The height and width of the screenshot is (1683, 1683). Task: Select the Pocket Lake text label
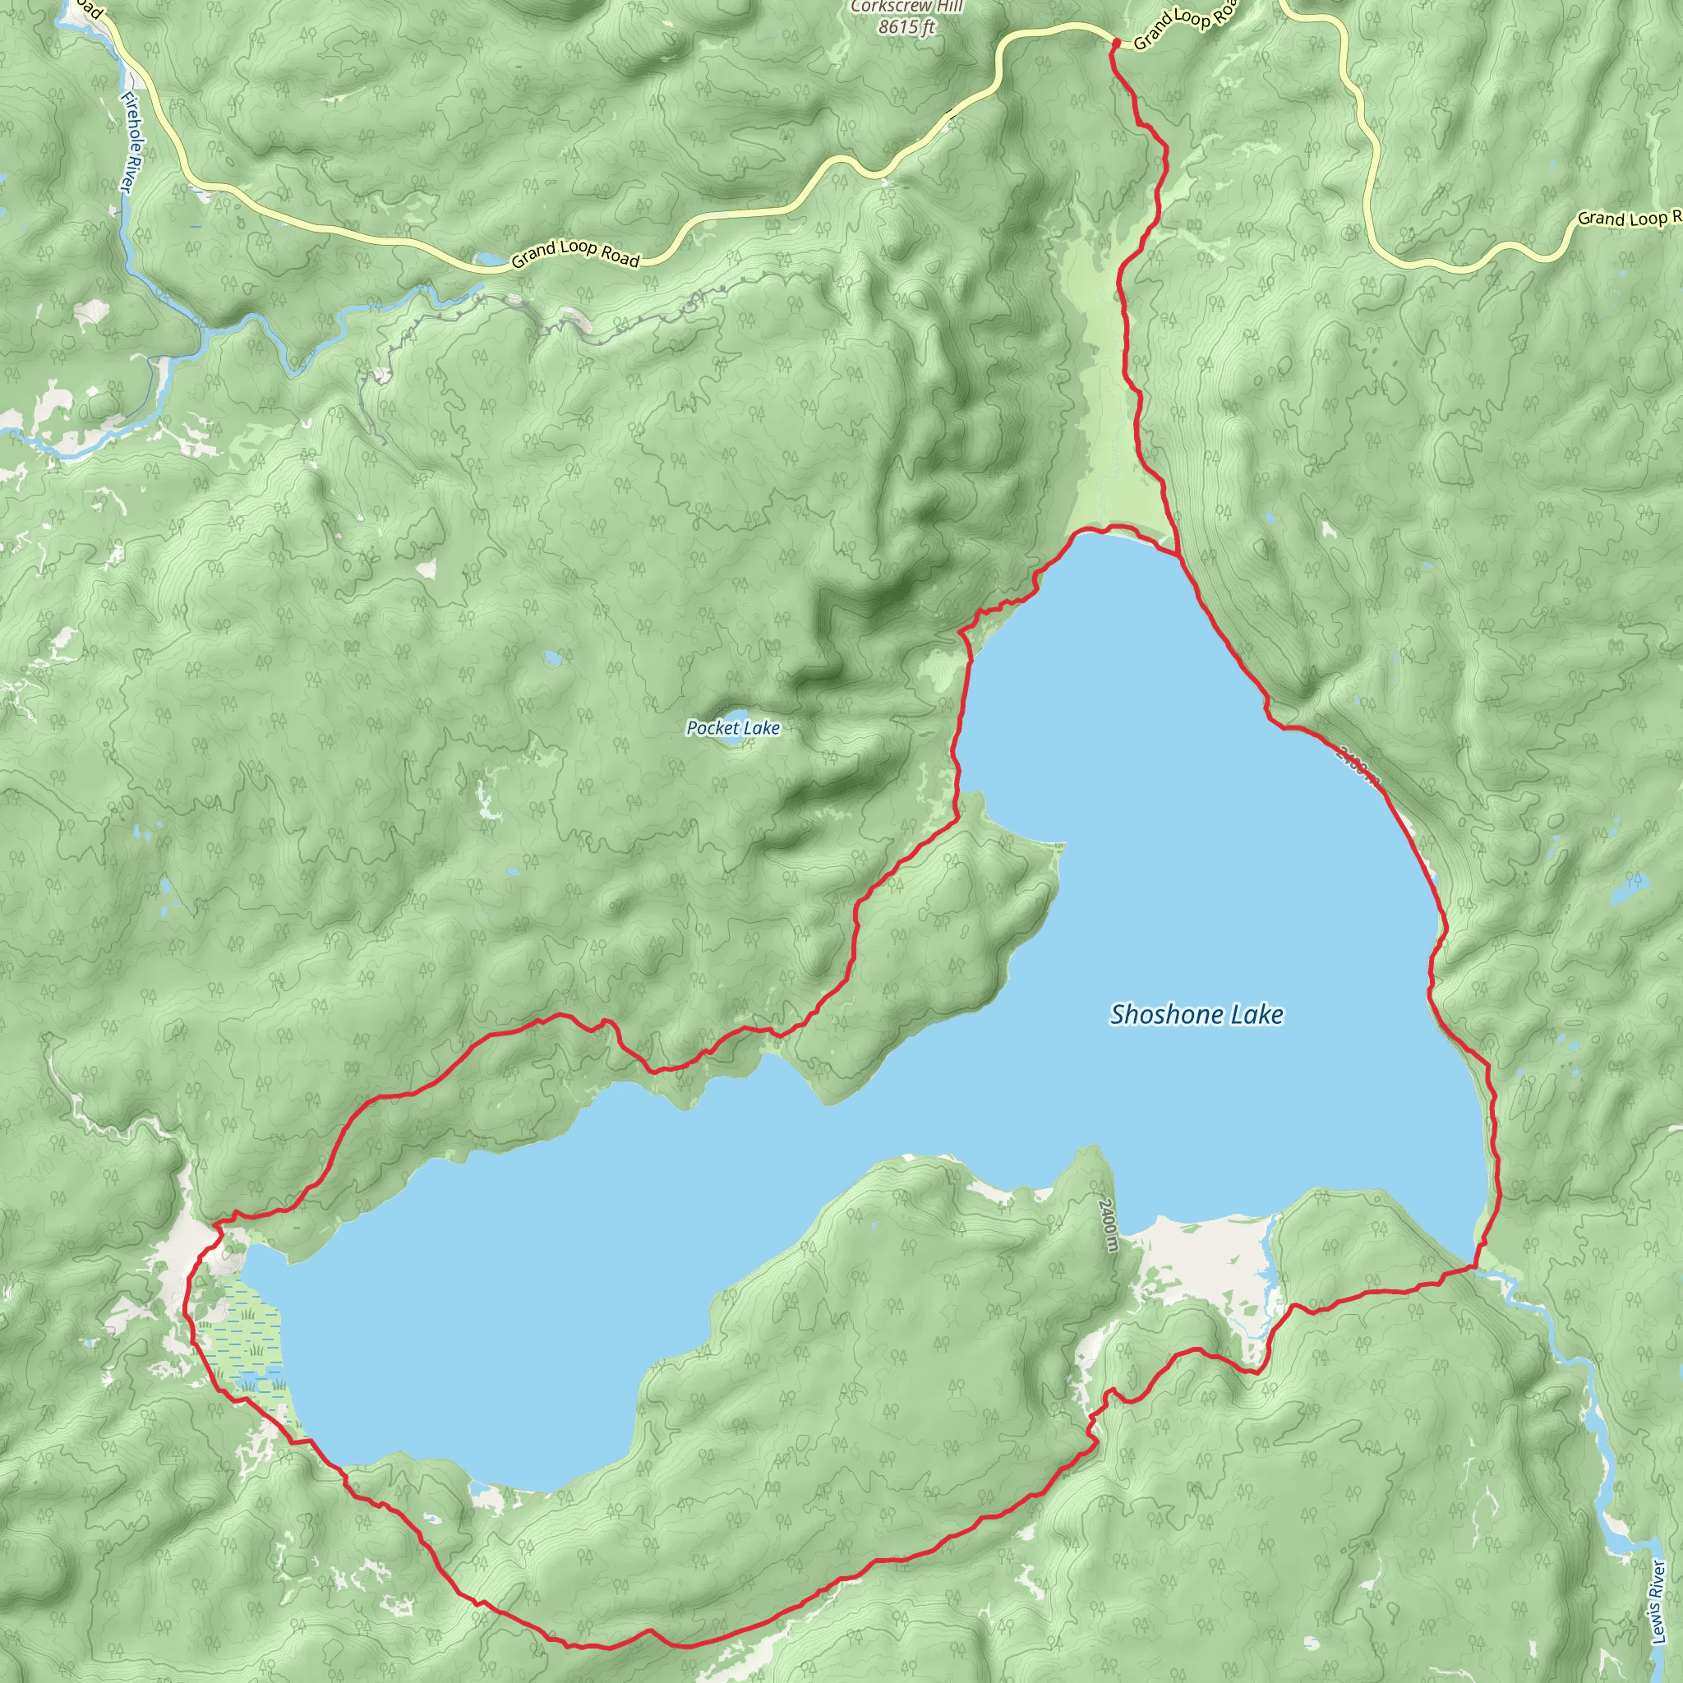click(734, 727)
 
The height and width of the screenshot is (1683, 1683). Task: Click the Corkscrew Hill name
click(907, 7)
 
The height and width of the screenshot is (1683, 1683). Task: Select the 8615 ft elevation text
click(907, 27)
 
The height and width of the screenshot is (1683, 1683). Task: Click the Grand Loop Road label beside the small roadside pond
click(576, 253)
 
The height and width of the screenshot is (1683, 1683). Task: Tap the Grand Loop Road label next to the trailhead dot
click(1185, 26)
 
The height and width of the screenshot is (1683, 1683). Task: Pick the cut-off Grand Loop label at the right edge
click(1627, 217)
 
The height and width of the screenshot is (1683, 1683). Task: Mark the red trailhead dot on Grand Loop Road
click(1116, 41)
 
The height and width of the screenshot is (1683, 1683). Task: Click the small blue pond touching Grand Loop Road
click(490, 260)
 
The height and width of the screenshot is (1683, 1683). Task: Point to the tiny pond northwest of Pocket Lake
click(553, 658)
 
